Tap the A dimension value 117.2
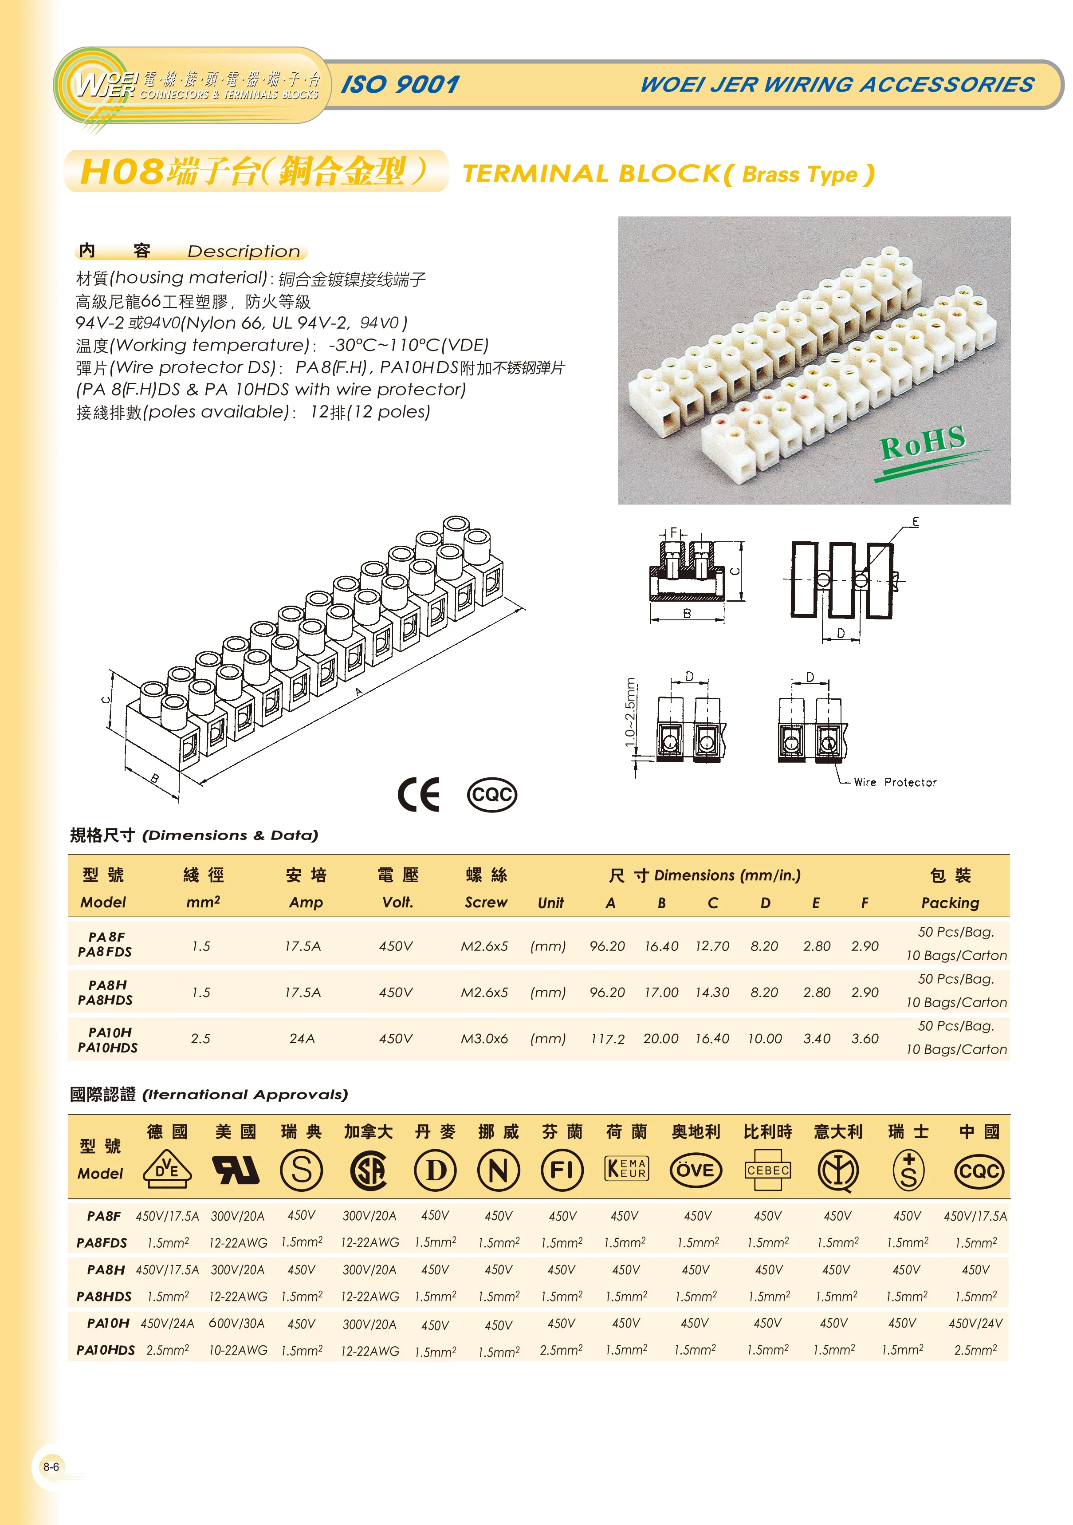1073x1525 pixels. (x=608, y=1039)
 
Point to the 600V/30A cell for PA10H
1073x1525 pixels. (x=237, y=1323)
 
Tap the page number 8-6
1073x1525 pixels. (x=51, y=1466)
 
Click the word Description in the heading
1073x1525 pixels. (x=244, y=251)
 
